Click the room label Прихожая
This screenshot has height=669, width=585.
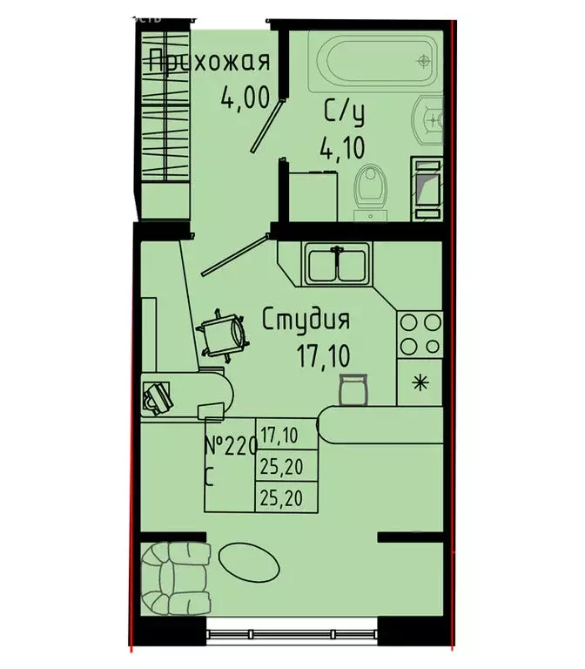pos(207,63)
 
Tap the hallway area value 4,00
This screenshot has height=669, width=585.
pos(244,97)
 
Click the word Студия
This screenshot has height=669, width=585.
pos(306,321)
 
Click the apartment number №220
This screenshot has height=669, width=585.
pos(230,447)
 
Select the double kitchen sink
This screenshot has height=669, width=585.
pos(337,263)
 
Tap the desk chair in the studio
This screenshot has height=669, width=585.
pos(222,333)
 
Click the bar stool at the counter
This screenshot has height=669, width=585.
pos(353,388)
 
